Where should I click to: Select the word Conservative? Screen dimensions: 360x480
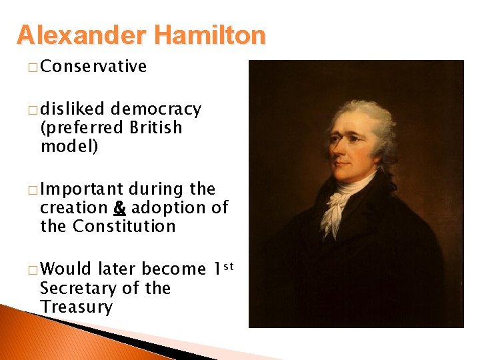[93, 66]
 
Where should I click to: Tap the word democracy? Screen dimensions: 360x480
[156, 109]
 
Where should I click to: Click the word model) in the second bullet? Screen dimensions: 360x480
[69, 146]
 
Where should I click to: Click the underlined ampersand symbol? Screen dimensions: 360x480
[119, 208]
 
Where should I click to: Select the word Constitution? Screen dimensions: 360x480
[124, 226]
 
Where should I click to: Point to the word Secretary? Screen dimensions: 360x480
[80, 289]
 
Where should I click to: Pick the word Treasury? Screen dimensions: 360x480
[76, 307]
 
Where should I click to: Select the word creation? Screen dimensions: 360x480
[74, 208]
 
